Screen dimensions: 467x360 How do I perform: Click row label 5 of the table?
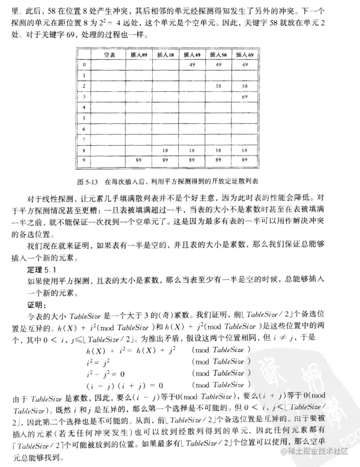coord(85,118)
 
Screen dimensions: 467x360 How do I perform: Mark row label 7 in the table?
coord(85,140)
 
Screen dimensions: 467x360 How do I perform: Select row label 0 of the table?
coord(85,64)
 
